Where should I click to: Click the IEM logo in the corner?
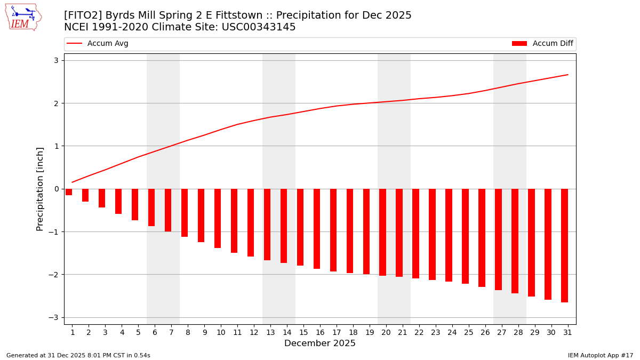23,17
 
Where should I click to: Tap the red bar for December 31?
564,245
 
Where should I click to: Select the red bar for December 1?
69,192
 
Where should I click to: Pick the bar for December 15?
300,227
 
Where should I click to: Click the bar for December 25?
465,236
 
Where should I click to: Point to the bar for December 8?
185,213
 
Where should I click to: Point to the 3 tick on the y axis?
55,60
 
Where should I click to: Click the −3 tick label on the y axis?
53,317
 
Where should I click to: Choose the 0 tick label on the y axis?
55,189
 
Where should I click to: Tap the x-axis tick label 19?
369,333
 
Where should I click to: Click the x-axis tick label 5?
138,333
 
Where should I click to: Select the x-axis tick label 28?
518,333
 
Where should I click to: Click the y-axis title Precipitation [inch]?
40,189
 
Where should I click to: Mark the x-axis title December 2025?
319,343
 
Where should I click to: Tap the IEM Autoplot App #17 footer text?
601,355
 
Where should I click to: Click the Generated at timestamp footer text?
78,355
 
